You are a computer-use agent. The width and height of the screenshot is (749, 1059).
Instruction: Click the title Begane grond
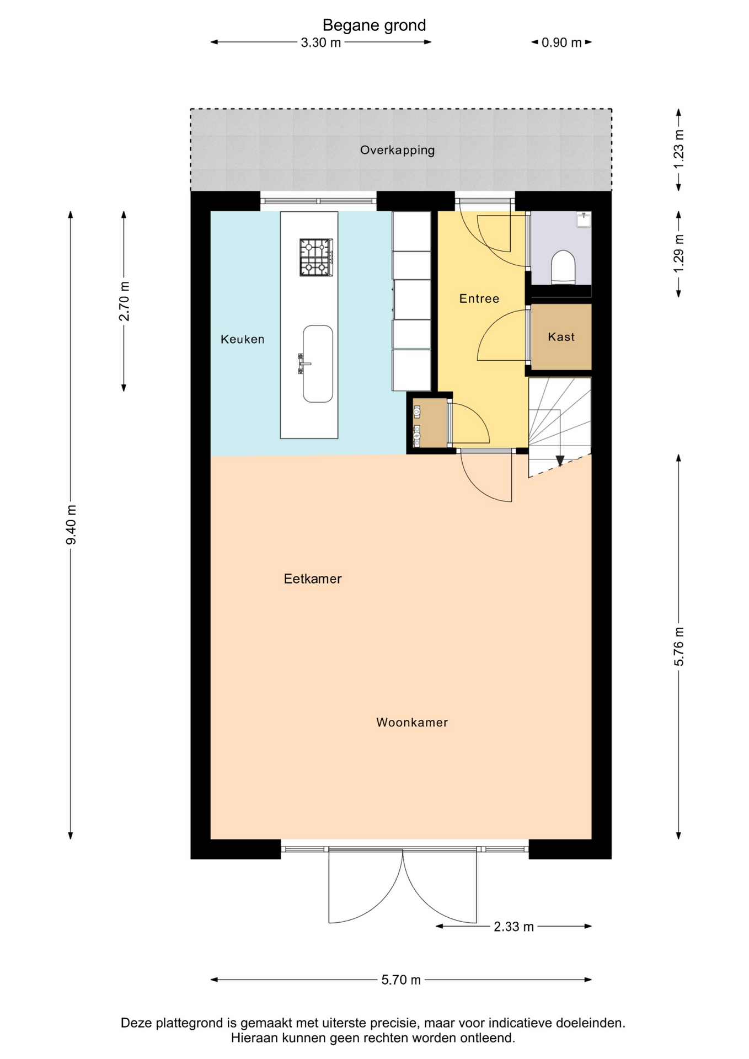[374, 25]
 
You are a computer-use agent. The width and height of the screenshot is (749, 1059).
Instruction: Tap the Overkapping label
[397, 150]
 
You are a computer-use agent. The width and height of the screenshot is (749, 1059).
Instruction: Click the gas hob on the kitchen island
[316, 257]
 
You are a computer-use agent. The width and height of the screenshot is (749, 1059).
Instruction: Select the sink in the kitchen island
[317, 363]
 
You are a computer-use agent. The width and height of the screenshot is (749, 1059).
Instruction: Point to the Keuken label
[242, 339]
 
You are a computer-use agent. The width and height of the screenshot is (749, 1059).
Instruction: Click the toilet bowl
[563, 267]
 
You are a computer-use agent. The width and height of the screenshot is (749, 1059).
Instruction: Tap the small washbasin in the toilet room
[584, 220]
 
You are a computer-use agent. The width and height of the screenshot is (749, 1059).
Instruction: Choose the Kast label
[561, 336]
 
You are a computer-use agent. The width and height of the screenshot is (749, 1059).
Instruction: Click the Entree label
[479, 298]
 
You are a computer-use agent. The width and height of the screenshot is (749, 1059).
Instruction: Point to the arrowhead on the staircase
[560, 461]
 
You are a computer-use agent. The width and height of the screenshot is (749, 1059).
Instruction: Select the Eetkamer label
[312, 579]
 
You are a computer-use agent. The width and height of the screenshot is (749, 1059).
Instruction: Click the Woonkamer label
[412, 723]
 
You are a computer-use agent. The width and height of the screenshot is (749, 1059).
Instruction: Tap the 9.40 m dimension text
[71, 525]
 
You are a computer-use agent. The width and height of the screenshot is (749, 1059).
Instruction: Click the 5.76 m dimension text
[679, 646]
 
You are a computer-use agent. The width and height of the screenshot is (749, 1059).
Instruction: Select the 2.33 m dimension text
[513, 927]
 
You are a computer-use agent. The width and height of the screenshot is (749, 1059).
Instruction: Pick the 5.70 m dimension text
[401, 980]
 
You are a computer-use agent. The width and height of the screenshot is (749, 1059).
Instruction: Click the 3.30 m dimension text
[320, 42]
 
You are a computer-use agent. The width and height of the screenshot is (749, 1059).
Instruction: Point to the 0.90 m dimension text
[561, 42]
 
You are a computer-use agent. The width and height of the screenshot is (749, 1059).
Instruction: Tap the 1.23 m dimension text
[679, 149]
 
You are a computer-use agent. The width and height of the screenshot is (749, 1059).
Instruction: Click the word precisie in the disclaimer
[392, 1023]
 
